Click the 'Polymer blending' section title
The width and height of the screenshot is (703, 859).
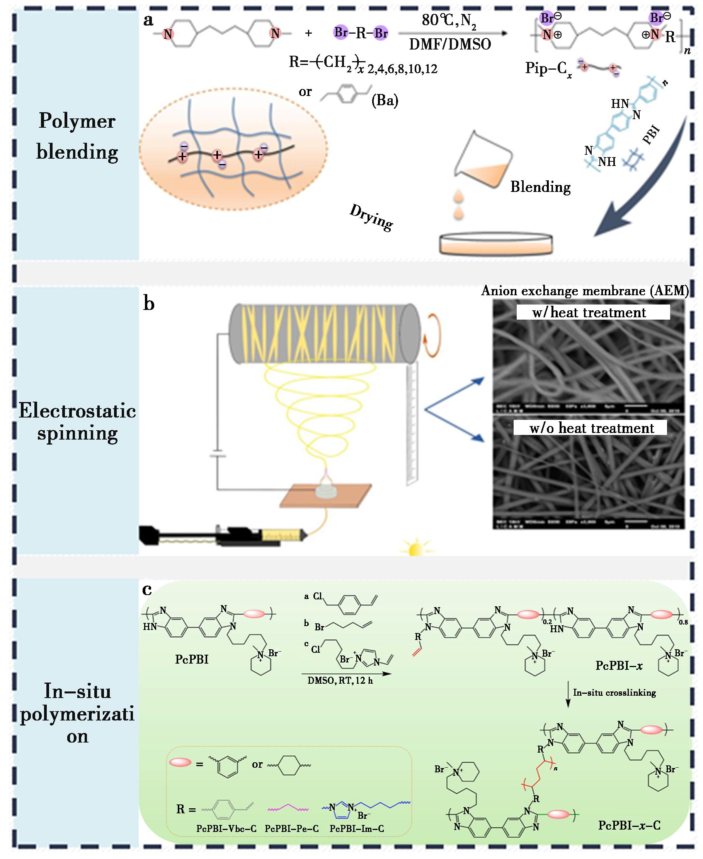coord(77,137)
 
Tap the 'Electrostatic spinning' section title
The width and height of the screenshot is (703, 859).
coord(77,422)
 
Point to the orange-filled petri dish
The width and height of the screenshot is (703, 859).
coord(496,244)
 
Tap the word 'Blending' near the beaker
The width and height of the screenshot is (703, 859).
coord(540,187)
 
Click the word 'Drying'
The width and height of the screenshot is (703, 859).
coord(371,217)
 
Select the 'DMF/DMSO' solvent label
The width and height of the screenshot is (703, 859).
coord(450,44)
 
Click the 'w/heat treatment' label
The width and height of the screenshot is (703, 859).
coord(589,313)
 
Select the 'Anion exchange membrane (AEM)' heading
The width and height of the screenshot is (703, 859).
coord(585,291)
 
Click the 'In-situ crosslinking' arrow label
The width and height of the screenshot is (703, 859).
coord(614,692)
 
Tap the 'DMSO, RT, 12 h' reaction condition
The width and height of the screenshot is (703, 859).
coord(340,681)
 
